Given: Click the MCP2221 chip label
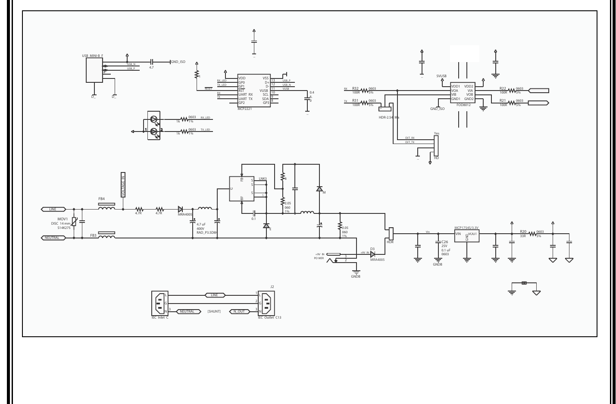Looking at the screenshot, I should [x=245, y=109].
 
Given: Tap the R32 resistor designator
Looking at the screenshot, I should [x=355, y=88].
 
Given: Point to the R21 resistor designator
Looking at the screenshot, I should [x=503, y=100].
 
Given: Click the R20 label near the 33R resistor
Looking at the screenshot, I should [x=523, y=232].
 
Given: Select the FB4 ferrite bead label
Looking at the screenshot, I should [x=102, y=199].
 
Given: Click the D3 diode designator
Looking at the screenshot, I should [x=372, y=249].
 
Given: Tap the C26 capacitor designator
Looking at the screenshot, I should [x=445, y=242].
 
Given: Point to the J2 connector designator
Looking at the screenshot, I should [x=272, y=286].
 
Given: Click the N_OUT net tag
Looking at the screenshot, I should [x=239, y=311].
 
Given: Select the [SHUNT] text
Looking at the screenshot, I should [x=214, y=311].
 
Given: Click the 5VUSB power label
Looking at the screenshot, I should [x=441, y=75].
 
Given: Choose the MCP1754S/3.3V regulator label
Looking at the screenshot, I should [x=466, y=228].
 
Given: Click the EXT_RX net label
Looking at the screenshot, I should [x=410, y=138].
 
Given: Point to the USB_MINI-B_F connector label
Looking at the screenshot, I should [x=93, y=56].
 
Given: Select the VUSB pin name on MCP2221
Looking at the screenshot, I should [x=264, y=91].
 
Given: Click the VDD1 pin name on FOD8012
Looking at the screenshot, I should [x=456, y=86].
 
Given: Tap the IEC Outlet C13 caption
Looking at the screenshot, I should [x=269, y=317].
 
